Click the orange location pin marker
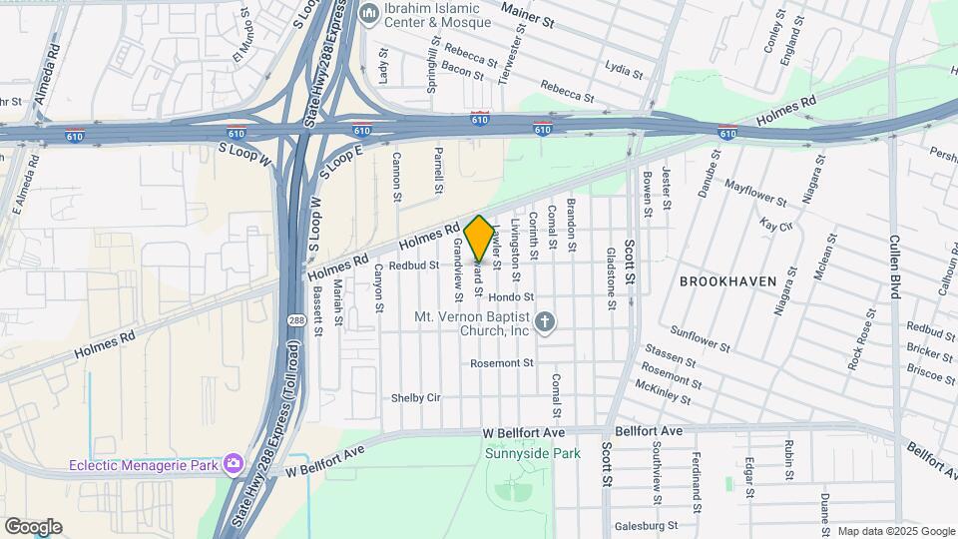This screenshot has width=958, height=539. [479, 238]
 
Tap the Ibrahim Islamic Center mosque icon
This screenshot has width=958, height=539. [368, 13]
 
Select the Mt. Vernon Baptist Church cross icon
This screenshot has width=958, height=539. [544, 321]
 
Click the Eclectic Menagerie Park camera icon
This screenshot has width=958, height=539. [234, 464]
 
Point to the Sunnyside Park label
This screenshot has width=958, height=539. [532, 453]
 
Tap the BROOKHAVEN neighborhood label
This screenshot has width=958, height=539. [727, 281]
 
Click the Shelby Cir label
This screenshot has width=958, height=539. [416, 396]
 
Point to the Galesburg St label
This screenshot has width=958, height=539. [647, 525]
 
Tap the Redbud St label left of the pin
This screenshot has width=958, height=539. [414, 266]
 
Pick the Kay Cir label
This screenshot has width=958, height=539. [775, 225]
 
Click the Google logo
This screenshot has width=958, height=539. [32, 527]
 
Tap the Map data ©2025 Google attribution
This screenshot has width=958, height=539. [895, 531]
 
